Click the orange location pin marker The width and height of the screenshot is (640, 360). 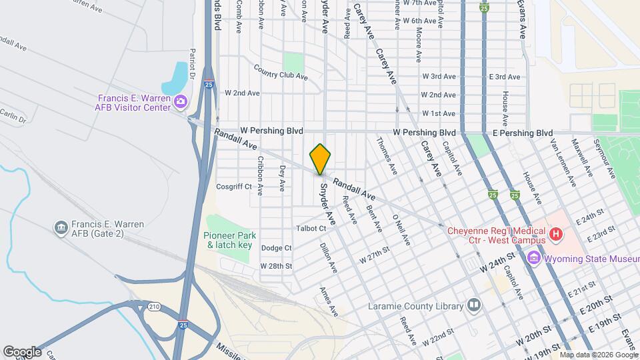click(x=321, y=159)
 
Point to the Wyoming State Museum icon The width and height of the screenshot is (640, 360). click(x=533, y=258)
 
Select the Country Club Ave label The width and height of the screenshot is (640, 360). click(x=280, y=72)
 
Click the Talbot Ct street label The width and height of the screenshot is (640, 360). click(x=312, y=228)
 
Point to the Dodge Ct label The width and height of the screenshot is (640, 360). click(x=277, y=248)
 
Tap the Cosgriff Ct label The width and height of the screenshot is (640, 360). click(x=234, y=187)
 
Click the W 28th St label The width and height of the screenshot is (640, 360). click(x=277, y=266)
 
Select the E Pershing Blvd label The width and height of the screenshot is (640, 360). click(x=523, y=133)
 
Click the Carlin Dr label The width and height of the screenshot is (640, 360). click(x=13, y=116)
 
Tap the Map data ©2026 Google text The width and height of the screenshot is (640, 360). click(x=598, y=355)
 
